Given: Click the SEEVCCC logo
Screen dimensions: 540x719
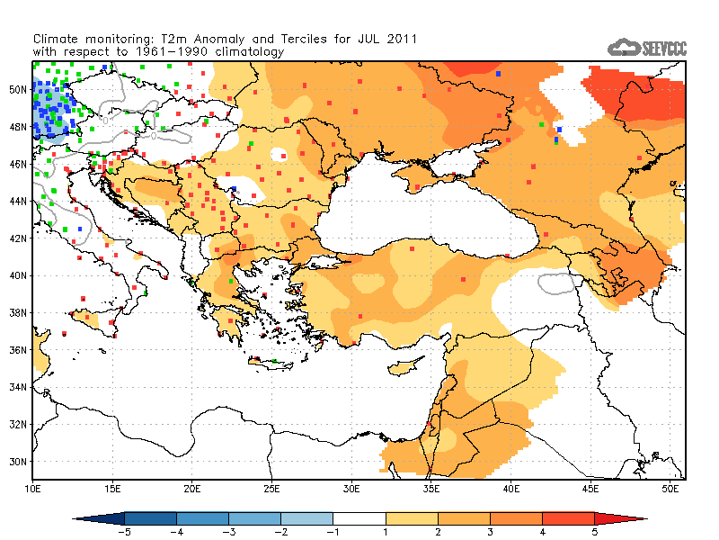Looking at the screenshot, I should point(646,48).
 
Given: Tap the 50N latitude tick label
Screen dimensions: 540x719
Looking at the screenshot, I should point(19,89).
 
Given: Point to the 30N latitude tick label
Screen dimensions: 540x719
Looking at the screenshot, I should point(19,462).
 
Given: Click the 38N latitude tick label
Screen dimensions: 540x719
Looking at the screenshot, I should point(19,312).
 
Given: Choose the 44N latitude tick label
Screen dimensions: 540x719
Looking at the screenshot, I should point(19,201).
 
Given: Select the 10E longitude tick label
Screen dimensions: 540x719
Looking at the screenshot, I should point(33,488).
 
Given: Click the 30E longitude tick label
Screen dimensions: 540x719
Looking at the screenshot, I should point(352,488).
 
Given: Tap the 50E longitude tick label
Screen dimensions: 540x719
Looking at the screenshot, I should point(670,488).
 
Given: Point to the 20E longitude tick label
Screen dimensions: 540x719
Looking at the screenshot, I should point(192,488).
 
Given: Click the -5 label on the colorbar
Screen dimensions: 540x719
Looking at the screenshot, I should point(124,532).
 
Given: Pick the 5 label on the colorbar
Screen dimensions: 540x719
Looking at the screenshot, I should point(594,532).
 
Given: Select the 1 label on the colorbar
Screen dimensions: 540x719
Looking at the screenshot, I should point(386,532).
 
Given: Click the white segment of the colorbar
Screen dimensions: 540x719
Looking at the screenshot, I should point(359,518).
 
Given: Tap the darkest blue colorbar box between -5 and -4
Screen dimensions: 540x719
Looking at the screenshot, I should point(150,518).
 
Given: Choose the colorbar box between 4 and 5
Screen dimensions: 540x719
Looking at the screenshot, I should point(568,518).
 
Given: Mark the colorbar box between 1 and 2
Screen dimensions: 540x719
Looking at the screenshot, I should point(412,518).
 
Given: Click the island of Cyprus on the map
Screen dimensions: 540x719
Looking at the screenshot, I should point(406,366).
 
